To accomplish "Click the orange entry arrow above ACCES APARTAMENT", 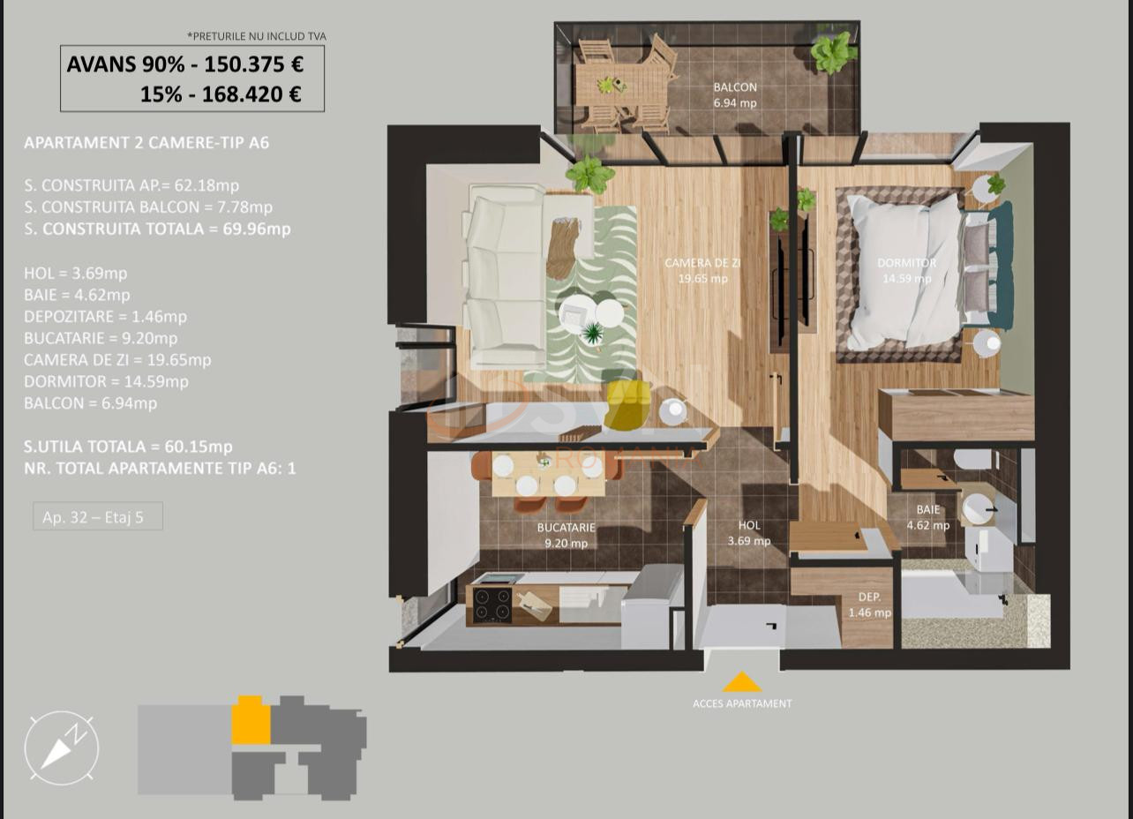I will tap(741, 682).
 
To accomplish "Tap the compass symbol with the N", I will tap(62, 748).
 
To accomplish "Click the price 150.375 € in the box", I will tap(253, 64).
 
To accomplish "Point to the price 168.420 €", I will tap(251, 94).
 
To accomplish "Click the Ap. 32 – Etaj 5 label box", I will tap(98, 517).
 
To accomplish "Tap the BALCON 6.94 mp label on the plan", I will tap(735, 94).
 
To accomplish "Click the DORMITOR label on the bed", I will tap(906, 263).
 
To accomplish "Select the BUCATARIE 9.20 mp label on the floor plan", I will tap(566, 535).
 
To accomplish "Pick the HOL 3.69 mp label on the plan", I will tap(748, 533).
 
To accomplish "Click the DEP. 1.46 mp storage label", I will tap(869, 605).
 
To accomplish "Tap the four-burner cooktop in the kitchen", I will tap(491, 605).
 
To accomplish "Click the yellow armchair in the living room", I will tap(627, 405).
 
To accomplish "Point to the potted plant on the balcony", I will tap(833, 53).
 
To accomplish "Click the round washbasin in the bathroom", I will tap(977, 509).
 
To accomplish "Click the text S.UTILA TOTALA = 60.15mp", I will tap(129, 447).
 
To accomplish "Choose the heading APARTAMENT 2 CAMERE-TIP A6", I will tap(146, 142).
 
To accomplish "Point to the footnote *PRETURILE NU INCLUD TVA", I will tap(257, 36).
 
